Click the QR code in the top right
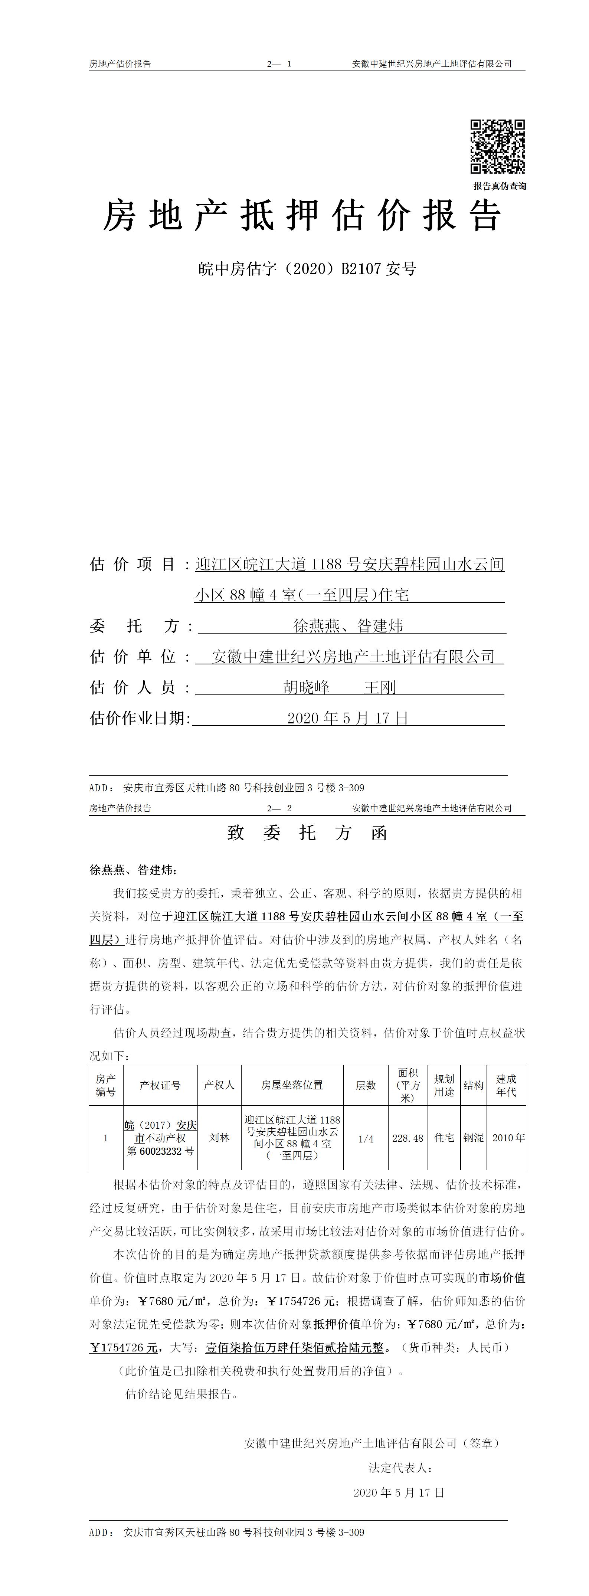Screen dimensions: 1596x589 coord(497,146)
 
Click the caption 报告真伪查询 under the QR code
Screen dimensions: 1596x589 coord(500,186)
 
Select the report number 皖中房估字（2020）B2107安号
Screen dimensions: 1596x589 coord(307,269)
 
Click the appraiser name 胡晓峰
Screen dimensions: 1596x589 coord(307,687)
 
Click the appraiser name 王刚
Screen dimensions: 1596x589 coord(380,687)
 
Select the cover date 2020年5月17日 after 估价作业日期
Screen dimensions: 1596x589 coord(348,718)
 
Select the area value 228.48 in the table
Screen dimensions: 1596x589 coord(408,1138)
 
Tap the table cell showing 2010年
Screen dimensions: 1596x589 coord(508,1138)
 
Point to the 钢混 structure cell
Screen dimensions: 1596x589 coord(474,1138)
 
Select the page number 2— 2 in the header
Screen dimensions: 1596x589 coord(279,808)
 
